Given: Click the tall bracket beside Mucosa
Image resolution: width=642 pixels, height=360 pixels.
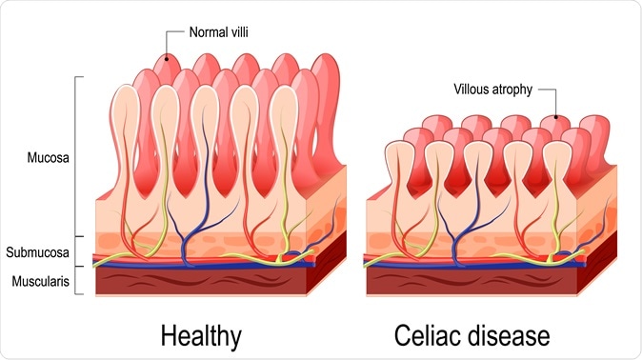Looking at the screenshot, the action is point(81,157).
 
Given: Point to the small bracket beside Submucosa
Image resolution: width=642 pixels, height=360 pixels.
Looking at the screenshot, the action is point(81,251).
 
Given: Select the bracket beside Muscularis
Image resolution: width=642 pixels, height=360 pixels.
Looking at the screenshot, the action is point(81,280).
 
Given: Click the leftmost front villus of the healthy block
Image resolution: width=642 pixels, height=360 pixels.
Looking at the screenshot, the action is point(127,143).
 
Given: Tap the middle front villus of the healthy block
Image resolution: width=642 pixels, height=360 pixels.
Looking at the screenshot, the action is point(204,143).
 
